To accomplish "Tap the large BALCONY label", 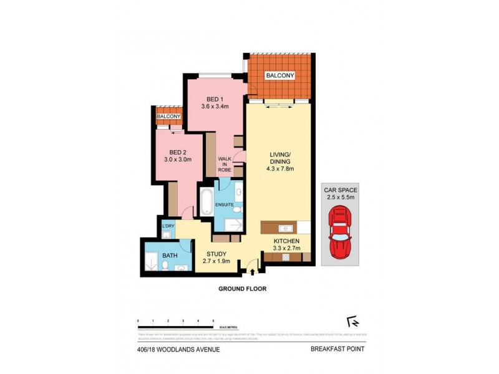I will tap(280, 75).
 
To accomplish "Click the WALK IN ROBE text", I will tap(225, 167).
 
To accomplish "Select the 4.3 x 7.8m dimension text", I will tap(280, 169).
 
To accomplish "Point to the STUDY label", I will tap(216, 254).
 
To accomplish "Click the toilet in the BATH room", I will tap(164, 266).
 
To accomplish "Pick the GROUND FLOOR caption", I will tap(243, 289).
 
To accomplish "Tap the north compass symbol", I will tap(354, 322).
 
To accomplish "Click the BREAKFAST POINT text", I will tap(337, 349).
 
